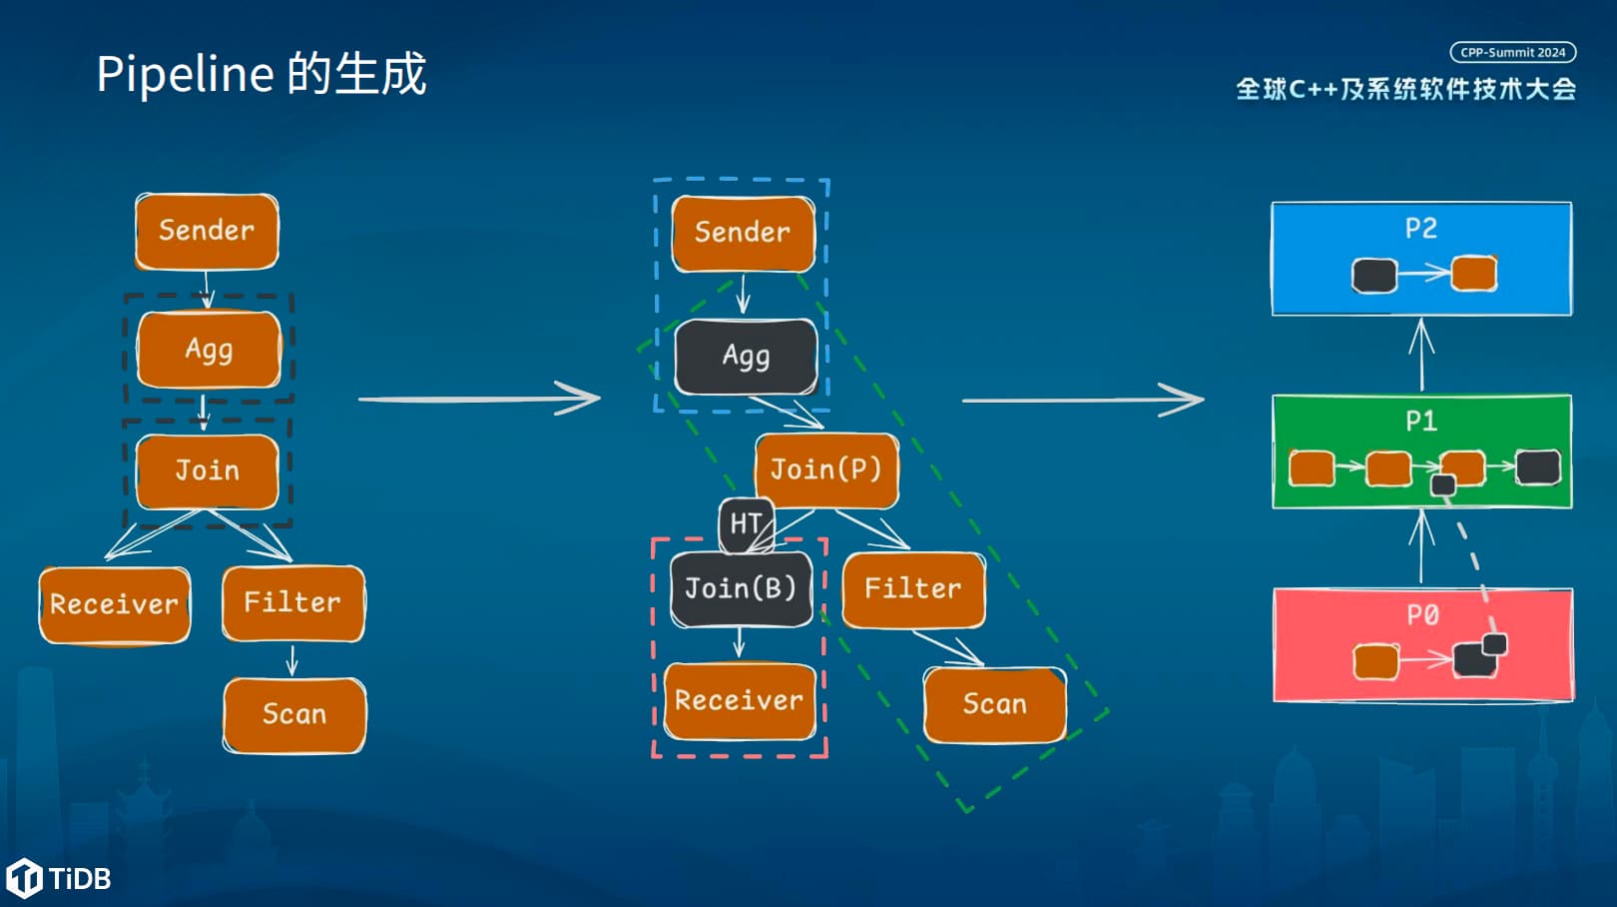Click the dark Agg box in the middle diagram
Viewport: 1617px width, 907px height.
[x=746, y=357]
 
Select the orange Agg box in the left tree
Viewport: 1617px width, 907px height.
[x=209, y=350]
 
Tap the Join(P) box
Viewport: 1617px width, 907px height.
[x=826, y=470]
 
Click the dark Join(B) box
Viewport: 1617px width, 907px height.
[x=742, y=589]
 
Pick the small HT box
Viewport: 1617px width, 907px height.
[x=747, y=524]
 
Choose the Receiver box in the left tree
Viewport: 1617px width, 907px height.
[x=114, y=604]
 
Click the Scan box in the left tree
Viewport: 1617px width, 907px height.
[x=294, y=715]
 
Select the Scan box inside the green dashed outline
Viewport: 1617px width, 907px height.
[x=995, y=705]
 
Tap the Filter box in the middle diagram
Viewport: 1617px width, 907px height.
[x=913, y=589]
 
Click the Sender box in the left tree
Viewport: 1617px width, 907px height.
[x=208, y=231]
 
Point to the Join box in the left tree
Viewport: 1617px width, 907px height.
[x=208, y=471]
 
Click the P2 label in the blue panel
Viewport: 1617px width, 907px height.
[x=1421, y=229]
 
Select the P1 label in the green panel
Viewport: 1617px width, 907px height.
[x=1421, y=421]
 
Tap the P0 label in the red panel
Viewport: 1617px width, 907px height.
[x=1422, y=615]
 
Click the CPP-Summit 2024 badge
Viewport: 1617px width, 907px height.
[x=1513, y=53]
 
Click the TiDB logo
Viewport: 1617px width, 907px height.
[x=59, y=878]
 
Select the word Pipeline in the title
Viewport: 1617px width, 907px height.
[x=186, y=75]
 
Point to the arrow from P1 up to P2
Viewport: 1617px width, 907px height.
[x=1421, y=355]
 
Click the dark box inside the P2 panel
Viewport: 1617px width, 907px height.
[x=1374, y=275]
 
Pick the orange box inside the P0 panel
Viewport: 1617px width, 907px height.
[x=1375, y=661]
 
